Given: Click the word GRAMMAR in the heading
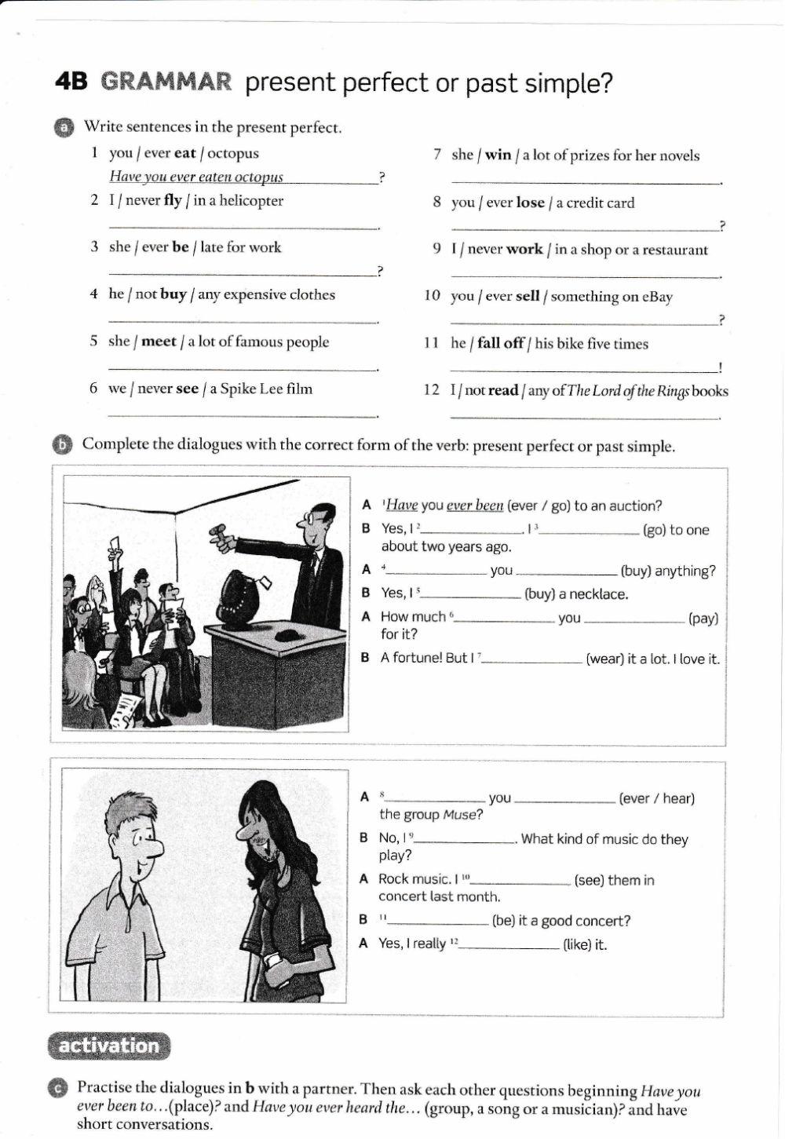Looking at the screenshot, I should pyautogui.click(x=166, y=82).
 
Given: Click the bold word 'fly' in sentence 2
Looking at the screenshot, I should pyautogui.click(x=173, y=201).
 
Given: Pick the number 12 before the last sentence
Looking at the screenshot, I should pyautogui.click(x=432, y=391).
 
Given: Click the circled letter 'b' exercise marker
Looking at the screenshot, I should pyautogui.click(x=63, y=445).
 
